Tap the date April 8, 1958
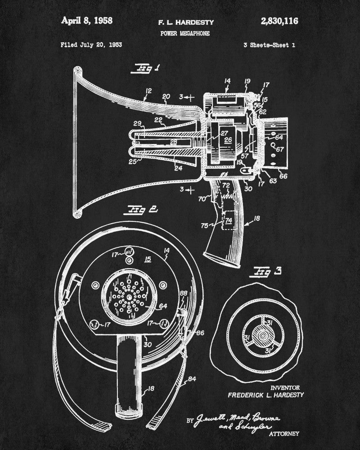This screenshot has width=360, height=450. [x=87, y=20]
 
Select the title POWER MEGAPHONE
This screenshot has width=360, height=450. [x=184, y=33]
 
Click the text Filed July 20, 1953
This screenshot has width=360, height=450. [x=91, y=45]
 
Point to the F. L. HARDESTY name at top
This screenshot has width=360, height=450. [x=186, y=22]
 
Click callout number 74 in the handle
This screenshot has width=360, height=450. [x=228, y=220]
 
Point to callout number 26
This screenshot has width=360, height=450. [x=228, y=140]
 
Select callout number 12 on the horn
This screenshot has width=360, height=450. [x=147, y=93]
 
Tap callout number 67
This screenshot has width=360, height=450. [x=279, y=149]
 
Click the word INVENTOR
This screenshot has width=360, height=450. [x=285, y=387]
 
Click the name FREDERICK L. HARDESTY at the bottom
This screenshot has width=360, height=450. [x=265, y=395]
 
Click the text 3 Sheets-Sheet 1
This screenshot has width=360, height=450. [x=269, y=45]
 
